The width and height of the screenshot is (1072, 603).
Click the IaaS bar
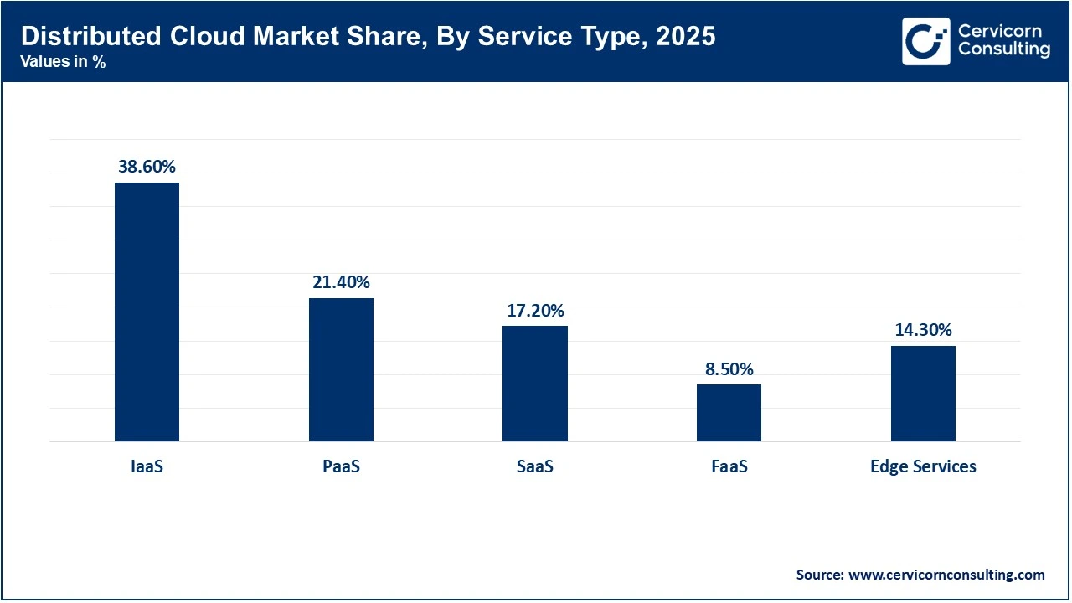[x=147, y=312]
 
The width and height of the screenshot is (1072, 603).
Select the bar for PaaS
[x=341, y=369]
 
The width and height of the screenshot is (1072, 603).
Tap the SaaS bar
[x=534, y=384]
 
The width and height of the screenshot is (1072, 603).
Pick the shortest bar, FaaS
[x=729, y=413]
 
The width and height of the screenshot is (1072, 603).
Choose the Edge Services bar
[x=923, y=394]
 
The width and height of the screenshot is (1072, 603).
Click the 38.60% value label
[x=147, y=167]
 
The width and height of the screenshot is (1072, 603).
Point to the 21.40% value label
[x=341, y=282]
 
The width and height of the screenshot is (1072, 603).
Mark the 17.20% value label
[x=534, y=311]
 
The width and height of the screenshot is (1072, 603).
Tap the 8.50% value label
[x=729, y=369]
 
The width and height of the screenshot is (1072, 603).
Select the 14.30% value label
[x=923, y=330]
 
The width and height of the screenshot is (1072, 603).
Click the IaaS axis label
[x=147, y=466]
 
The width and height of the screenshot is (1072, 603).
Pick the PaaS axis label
[x=341, y=466]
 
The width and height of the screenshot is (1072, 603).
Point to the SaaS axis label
[x=534, y=466]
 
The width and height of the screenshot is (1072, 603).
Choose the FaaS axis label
[x=729, y=466]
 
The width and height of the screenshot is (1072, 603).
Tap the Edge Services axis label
[x=923, y=466]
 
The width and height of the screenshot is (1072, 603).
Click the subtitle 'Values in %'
[x=64, y=61]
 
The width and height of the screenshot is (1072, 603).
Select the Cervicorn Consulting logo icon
[x=925, y=41]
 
